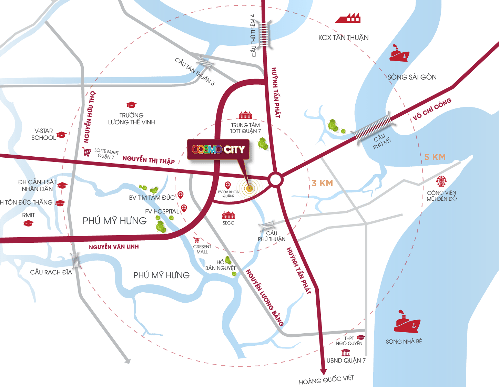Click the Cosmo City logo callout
tap(218, 149)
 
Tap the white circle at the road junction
tap(275, 180)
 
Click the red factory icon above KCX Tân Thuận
tap(348, 18)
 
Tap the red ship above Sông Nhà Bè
tap(407, 323)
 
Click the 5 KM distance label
tap(435, 157)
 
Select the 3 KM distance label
tap(322, 183)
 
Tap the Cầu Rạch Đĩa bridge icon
tap(75, 261)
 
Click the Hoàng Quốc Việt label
tap(326, 380)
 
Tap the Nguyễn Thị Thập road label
tap(149, 160)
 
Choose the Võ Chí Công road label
tap(431, 109)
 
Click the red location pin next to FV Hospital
tap(184, 208)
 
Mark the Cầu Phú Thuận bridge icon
tap(267, 226)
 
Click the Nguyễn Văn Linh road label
tap(114, 247)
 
